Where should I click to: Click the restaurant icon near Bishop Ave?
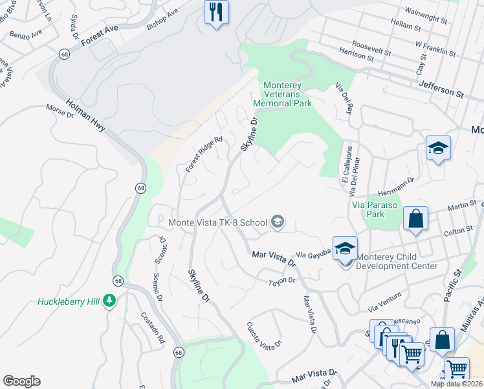[216, 12]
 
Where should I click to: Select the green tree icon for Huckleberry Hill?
[110, 300]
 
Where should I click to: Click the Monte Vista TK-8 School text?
[217, 222]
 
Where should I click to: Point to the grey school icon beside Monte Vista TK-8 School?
[278, 222]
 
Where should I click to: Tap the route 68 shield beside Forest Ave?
[65, 54]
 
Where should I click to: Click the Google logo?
[21, 381]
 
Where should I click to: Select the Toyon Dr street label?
[282, 281]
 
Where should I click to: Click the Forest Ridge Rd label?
[203, 154]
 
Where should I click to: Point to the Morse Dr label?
[60, 112]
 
